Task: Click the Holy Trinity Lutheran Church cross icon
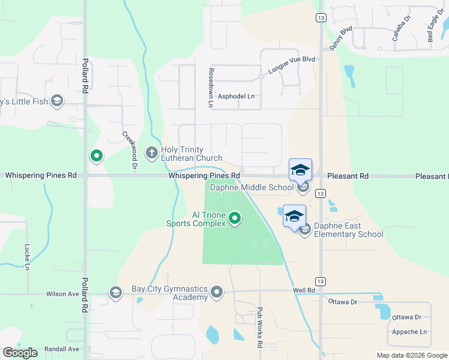click(x=151, y=153)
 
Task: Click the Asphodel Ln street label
click(x=236, y=96)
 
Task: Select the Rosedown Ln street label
click(x=211, y=87)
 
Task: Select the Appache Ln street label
click(x=409, y=332)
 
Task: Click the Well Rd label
click(x=304, y=290)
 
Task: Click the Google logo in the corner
click(x=20, y=353)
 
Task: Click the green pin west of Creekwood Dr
click(x=96, y=156)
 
